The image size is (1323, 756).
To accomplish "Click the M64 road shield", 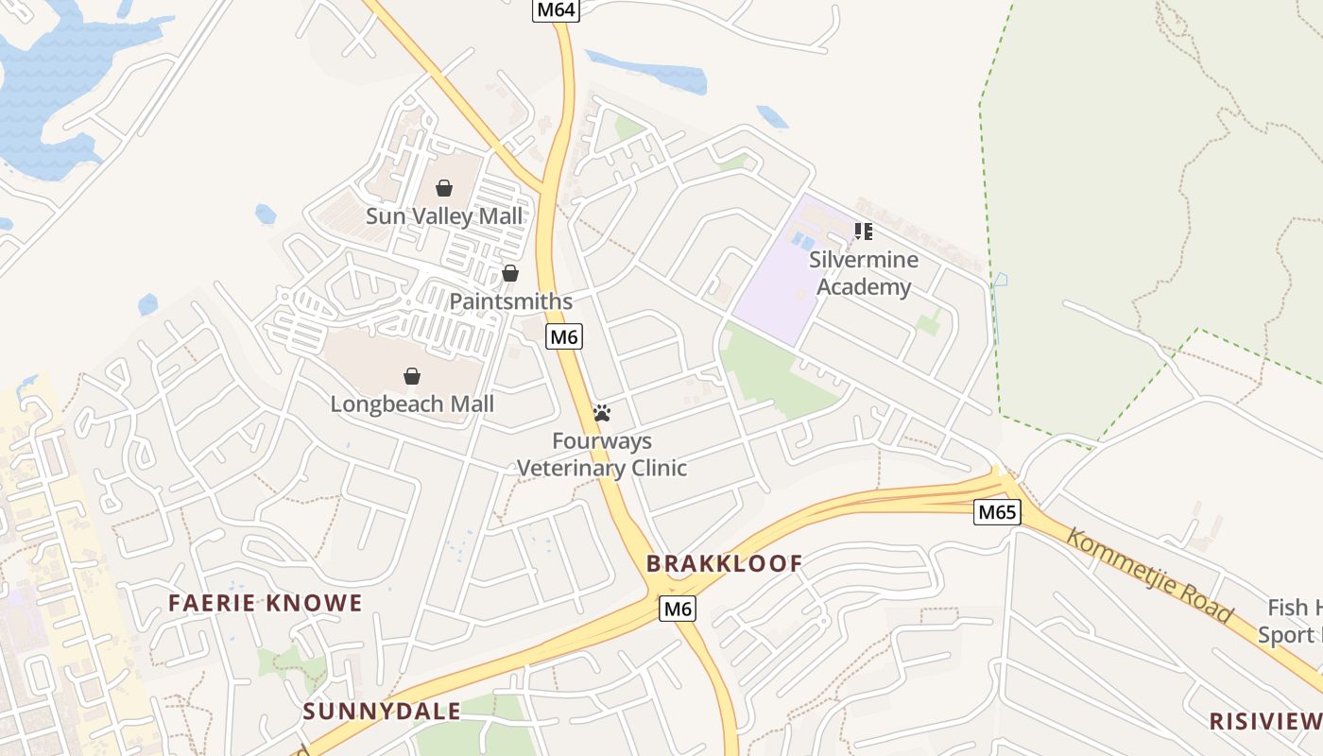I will point(556,10).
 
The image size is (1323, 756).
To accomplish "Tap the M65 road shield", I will point(997,512).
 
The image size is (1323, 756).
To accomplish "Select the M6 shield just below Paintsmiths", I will point(563,336).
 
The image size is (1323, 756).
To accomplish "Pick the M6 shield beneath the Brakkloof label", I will point(678,609).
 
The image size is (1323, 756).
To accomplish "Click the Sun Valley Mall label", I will point(444,216).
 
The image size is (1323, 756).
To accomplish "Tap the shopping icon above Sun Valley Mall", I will point(444,188).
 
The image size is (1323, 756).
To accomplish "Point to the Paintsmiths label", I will point(510,301).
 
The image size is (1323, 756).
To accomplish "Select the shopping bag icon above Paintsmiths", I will point(510,273).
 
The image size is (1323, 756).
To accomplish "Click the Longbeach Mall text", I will point(412,404).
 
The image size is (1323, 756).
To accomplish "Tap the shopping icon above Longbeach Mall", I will point(412,376).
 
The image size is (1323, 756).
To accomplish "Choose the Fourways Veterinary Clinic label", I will point(602,455).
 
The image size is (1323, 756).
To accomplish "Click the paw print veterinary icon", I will point(602,413).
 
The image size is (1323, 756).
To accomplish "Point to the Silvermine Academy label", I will point(864,273).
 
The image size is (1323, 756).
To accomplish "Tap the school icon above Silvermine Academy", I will point(863,231).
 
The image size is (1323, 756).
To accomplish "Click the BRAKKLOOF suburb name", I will point(724,564).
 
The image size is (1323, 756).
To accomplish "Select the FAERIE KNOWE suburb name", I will point(265,603).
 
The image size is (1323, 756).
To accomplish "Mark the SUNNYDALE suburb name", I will point(382,712).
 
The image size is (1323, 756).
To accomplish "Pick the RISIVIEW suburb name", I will point(1265,721).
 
